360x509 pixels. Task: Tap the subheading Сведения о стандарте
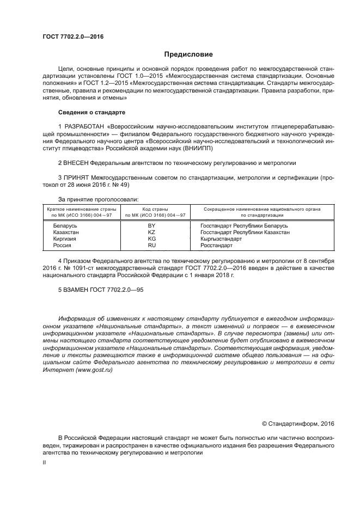pos(91,112)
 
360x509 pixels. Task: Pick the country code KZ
pos(152,232)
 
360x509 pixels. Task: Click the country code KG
pos(152,238)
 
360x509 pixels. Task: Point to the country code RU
pos(152,246)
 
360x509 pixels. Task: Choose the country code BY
pos(152,225)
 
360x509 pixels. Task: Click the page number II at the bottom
pos(45,462)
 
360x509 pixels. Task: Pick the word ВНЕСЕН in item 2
pos(76,162)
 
